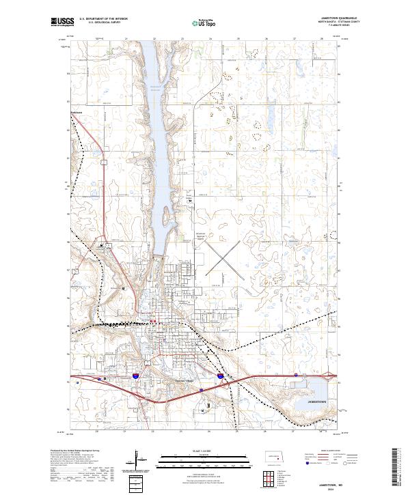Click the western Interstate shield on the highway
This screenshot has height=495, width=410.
137,376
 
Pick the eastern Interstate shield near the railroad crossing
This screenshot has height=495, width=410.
220,376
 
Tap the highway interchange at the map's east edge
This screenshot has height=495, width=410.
330,375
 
